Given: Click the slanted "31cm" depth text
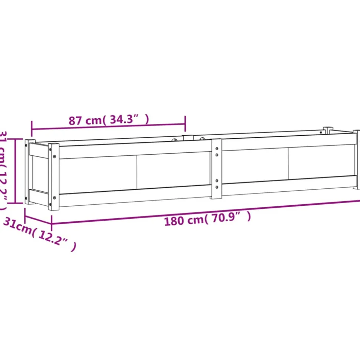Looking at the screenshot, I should coord(17,226).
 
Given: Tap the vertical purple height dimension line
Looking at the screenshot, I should coord(15,171).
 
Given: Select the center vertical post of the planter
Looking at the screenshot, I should coord(216,169).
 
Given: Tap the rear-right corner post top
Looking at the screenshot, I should coord(328,129).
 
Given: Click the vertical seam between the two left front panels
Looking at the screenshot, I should coord(137,172).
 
